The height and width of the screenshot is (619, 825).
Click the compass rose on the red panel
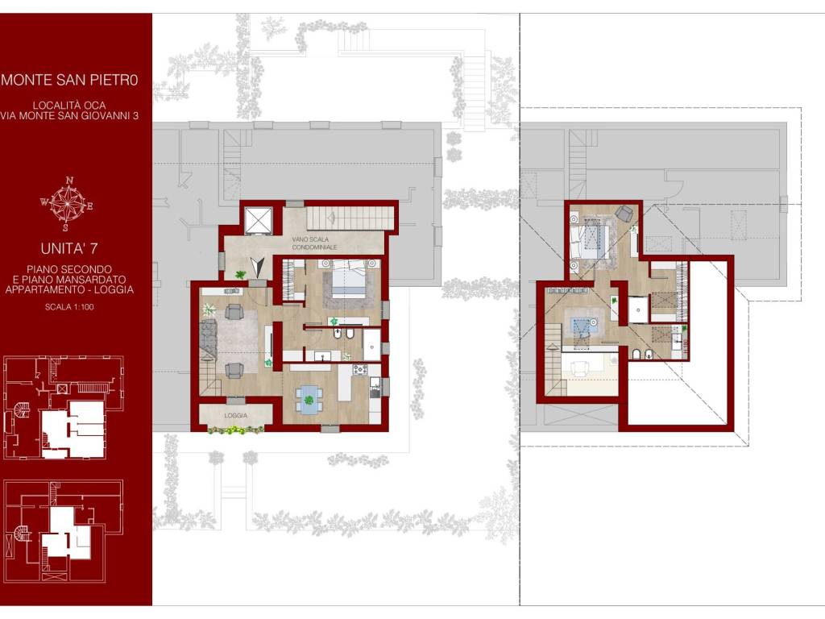click(68, 204)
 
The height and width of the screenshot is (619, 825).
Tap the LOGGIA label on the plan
click(236, 415)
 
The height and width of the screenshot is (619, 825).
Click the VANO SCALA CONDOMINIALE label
click(314, 243)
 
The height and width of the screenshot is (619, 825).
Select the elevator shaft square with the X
click(259, 220)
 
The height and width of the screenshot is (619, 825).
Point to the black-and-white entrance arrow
click(257, 267)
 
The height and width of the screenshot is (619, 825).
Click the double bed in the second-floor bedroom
click(349, 277)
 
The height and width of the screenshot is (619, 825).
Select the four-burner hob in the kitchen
click(360, 370)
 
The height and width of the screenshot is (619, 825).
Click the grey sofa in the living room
click(209, 340)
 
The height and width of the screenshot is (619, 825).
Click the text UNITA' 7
click(69, 248)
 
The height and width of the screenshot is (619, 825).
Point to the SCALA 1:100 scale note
click(69, 307)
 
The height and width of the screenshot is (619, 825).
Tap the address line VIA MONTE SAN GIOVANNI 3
click(69, 116)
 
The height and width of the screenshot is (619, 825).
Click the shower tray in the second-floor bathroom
click(372, 345)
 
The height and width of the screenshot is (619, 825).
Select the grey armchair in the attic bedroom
click(624, 213)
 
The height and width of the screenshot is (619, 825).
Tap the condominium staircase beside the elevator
click(350, 218)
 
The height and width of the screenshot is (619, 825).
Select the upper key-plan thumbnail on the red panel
click(64, 408)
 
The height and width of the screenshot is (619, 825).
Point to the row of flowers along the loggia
click(236, 430)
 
